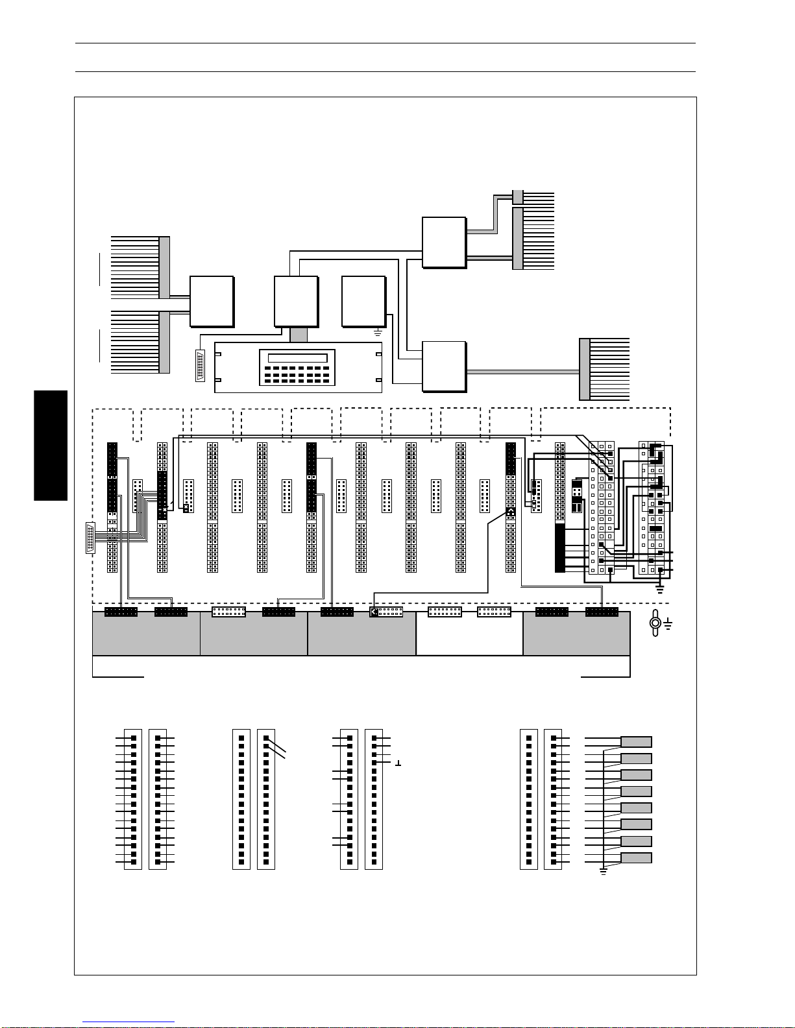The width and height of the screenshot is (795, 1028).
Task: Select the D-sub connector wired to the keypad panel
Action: [x=200, y=366]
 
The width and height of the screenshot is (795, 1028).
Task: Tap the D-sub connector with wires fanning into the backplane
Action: [x=90, y=537]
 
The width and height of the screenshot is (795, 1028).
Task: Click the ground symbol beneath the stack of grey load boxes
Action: [x=603, y=872]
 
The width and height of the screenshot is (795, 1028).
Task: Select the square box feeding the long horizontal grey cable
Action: [x=444, y=366]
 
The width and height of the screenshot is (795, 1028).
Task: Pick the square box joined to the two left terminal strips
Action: [x=212, y=301]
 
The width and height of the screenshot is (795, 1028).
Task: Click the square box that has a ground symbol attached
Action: [x=363, y=301]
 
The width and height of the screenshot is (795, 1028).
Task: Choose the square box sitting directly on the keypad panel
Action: [x=296, y=301]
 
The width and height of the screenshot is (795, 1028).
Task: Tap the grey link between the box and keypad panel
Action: [x=298, y=335]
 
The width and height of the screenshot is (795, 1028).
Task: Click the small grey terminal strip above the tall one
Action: [x=517, y=197]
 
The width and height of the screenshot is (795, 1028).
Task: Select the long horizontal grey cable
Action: [x=522, y=372]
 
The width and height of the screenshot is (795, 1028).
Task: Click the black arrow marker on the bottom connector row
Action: [x=374, y=612]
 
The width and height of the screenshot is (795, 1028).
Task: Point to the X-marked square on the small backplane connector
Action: [x=186, y=508]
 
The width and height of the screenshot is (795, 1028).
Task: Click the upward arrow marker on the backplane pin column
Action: [x=510, y=512]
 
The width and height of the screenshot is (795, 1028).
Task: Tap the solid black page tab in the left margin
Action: [x=51, y=445]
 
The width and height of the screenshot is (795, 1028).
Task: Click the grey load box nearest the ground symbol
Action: [x=636, y=858]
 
